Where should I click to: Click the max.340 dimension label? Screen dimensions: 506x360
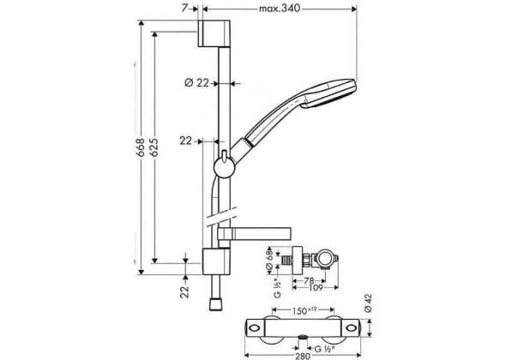pyautogui.click(x=280, y=8)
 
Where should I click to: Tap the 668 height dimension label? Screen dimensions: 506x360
pyautogui.click(x=140, y=147)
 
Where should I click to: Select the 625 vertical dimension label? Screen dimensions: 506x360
pyautogui.click(x=154, y=147)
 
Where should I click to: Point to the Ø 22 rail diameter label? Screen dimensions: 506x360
pyautogui.click(x=197, y=83)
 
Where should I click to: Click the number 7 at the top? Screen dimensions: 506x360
pyautogui.click(x=184, y=8)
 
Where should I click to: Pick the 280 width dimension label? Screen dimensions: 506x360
pyautogui.click(x=303, y=356)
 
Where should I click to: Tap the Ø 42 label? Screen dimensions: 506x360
pyautogui.click(x=368, y=303)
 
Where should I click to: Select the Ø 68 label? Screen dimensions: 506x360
pyautogui.click(x=270, y=260)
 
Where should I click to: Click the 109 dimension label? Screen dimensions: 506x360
pyautogui.click(x=316, y=287)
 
